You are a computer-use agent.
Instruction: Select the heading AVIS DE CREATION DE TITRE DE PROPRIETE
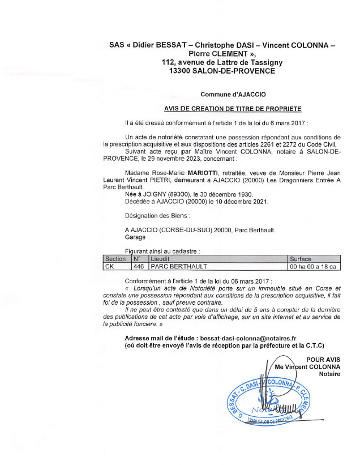click(233, 109)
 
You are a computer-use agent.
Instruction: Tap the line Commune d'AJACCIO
click(233, 95)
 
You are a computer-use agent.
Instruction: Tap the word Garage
click(135, 237)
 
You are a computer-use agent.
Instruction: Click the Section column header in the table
click(115, 258)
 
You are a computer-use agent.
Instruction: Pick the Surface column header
click(301, 258)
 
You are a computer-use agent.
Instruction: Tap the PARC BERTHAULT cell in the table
click(175, 266)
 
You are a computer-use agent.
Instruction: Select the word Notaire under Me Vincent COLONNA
click(329, 374)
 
